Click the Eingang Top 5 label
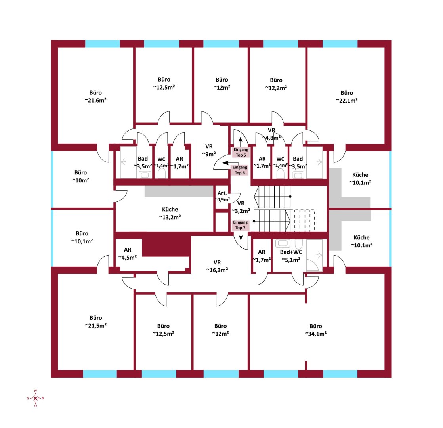pyautogui.click(x=241, y=152)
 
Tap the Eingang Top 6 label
pyautogui.click(x=240, y=170)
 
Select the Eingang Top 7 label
pyautogui.click(x=241, y=225)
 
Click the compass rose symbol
pyautogui.click(x=35, y=398)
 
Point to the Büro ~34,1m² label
pyautogui.click(x=315, y=330)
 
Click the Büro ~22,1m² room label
pyautogui.click(x=347, y=97)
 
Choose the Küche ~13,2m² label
pyautogui.click(x=170, y=213)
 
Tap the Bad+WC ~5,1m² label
pyautogui.click(x=291, y=256)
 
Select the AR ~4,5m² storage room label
pyautogui.click(x=128, y=254)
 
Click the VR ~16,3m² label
pyautogui.click(x=217, y=266)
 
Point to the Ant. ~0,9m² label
pyautogui.click(x=222, y=196)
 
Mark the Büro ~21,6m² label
pyautogui.click(x=95, y=96)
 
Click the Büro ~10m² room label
pyautogui.click(x=80, y=176)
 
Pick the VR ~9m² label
pyautogui.click(x=209, y=150)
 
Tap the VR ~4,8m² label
pyautogui.click(x=271, y=134)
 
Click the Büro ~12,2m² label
pyautogui.click(x=276, y=84)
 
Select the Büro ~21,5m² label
pyautogui.click(x=96, y=322)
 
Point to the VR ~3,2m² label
pyautogui.click(x=241, y=207)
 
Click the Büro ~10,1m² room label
pyautogui.click(x=82, y=237)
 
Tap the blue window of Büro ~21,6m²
pyautogui.click(x=103, y=44)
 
